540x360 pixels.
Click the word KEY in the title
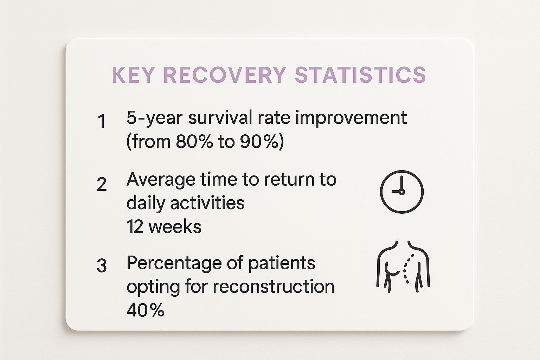pyautogui.click(x=133, y=75)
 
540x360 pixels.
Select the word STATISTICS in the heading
pyautogui.click(x=361, y=75)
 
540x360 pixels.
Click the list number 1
pyautogui.click(x=102, y=121)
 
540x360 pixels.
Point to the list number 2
pyautogui.click(x=102, y=185)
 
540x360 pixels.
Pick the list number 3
pyautogui.click(x=102, y=266)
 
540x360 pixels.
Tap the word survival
pyautogui.click(x=220, y=117)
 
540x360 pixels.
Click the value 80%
pyautogui.click(x=194, y=141)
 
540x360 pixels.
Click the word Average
pyautogui.click(x=161, y=180)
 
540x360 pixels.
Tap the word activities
pyautogui.click(x=207, y=203)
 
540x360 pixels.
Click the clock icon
pyautogui.click(x=401, y=192)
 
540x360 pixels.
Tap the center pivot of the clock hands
pyautogui.click(x=401, y=192)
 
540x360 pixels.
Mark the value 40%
pyautogui.click(x=145, y=310)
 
